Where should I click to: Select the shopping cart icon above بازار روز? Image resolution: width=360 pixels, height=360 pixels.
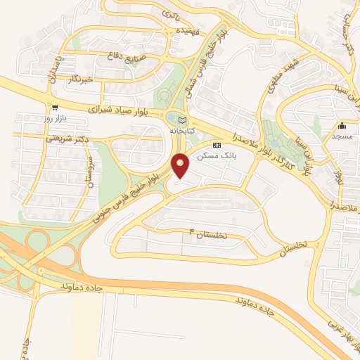point(54,107)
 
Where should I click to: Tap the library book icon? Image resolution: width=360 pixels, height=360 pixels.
point(182,120)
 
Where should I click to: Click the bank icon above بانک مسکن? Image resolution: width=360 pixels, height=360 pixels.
point(217,146)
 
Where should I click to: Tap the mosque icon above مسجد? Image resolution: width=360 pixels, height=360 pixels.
point(342,126)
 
